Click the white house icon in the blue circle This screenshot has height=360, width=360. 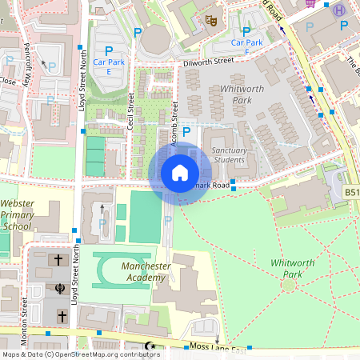(x=180, y=173)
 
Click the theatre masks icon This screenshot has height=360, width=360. (x=211, y=19)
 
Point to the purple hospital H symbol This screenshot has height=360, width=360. (x=339, y=10)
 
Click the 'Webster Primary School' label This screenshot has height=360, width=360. (x=18, y=215)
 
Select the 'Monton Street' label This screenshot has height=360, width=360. (x=24, y=312)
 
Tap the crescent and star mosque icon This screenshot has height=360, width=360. (x=149, y=346)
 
